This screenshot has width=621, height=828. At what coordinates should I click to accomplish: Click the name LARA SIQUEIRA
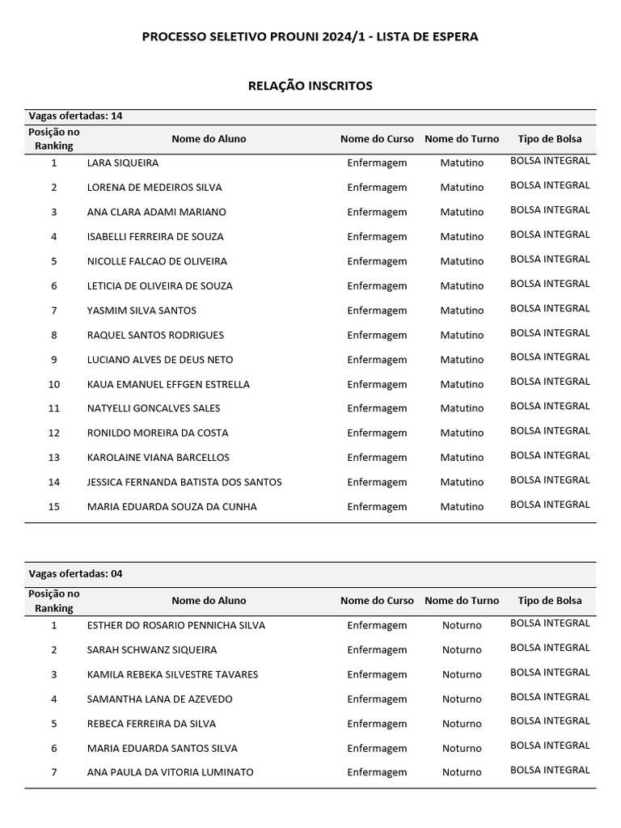pos(123,163)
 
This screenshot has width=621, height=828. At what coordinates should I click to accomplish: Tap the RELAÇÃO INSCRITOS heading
pos(310,86)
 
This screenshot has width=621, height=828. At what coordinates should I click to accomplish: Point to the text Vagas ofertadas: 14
pos(75,116)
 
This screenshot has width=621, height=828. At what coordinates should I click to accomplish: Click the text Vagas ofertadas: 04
pos(75,573)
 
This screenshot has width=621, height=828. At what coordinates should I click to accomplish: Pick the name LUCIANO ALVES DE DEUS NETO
pos(160,359)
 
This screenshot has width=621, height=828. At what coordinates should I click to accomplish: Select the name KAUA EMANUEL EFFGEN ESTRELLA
pos(168,384)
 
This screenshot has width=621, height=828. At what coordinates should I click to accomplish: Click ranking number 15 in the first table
pos(54,507)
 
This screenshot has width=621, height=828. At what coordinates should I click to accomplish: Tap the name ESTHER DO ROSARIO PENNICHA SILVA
pos(176,625)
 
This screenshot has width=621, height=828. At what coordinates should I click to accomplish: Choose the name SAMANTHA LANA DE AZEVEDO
pos(159,699)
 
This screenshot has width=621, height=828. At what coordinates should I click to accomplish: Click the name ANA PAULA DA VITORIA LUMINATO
pos(170,772)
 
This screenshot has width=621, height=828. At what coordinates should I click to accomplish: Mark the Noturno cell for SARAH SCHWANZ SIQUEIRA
pos(462,649)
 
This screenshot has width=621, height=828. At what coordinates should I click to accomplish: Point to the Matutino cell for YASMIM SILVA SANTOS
pos(462,310)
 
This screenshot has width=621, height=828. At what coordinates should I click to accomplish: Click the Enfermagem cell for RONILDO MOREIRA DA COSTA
pos(377,433)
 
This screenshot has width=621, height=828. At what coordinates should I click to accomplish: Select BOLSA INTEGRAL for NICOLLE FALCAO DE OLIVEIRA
pos(550,259)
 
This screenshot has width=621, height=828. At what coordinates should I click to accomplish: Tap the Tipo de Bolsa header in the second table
pos(550,601)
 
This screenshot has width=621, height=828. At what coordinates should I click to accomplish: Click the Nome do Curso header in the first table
pos(377,139)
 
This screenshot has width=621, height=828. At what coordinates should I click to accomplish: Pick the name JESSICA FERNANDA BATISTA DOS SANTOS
pos(184,482)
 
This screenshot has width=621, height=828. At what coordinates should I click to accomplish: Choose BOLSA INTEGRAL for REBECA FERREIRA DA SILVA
pos(550,720)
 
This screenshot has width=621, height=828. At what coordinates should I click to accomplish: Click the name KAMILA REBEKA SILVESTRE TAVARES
pos(173,674)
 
